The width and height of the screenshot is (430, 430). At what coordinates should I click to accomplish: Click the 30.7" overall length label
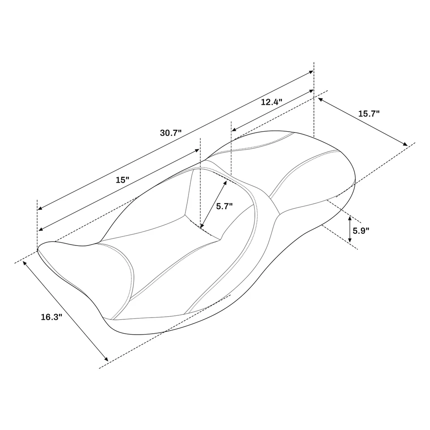click(x=171, y=133)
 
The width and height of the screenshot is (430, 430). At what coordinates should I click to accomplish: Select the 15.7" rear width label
click(x=369, y=114)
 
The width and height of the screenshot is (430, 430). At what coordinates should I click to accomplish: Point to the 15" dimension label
click(x=122, y=180)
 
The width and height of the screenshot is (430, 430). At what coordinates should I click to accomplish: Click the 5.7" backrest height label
click(x=224, y=206)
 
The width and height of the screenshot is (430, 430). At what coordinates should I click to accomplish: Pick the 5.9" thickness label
click(x=361, y=231)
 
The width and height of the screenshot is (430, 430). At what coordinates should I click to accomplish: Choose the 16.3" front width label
click(x=51, y=317)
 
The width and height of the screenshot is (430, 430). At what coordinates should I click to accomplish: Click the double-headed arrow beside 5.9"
click(x=350, y=229)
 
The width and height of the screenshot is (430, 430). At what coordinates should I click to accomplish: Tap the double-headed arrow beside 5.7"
click(x=214, y=204)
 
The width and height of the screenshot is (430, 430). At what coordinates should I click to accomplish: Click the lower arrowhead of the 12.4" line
click(x=233, y=129)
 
